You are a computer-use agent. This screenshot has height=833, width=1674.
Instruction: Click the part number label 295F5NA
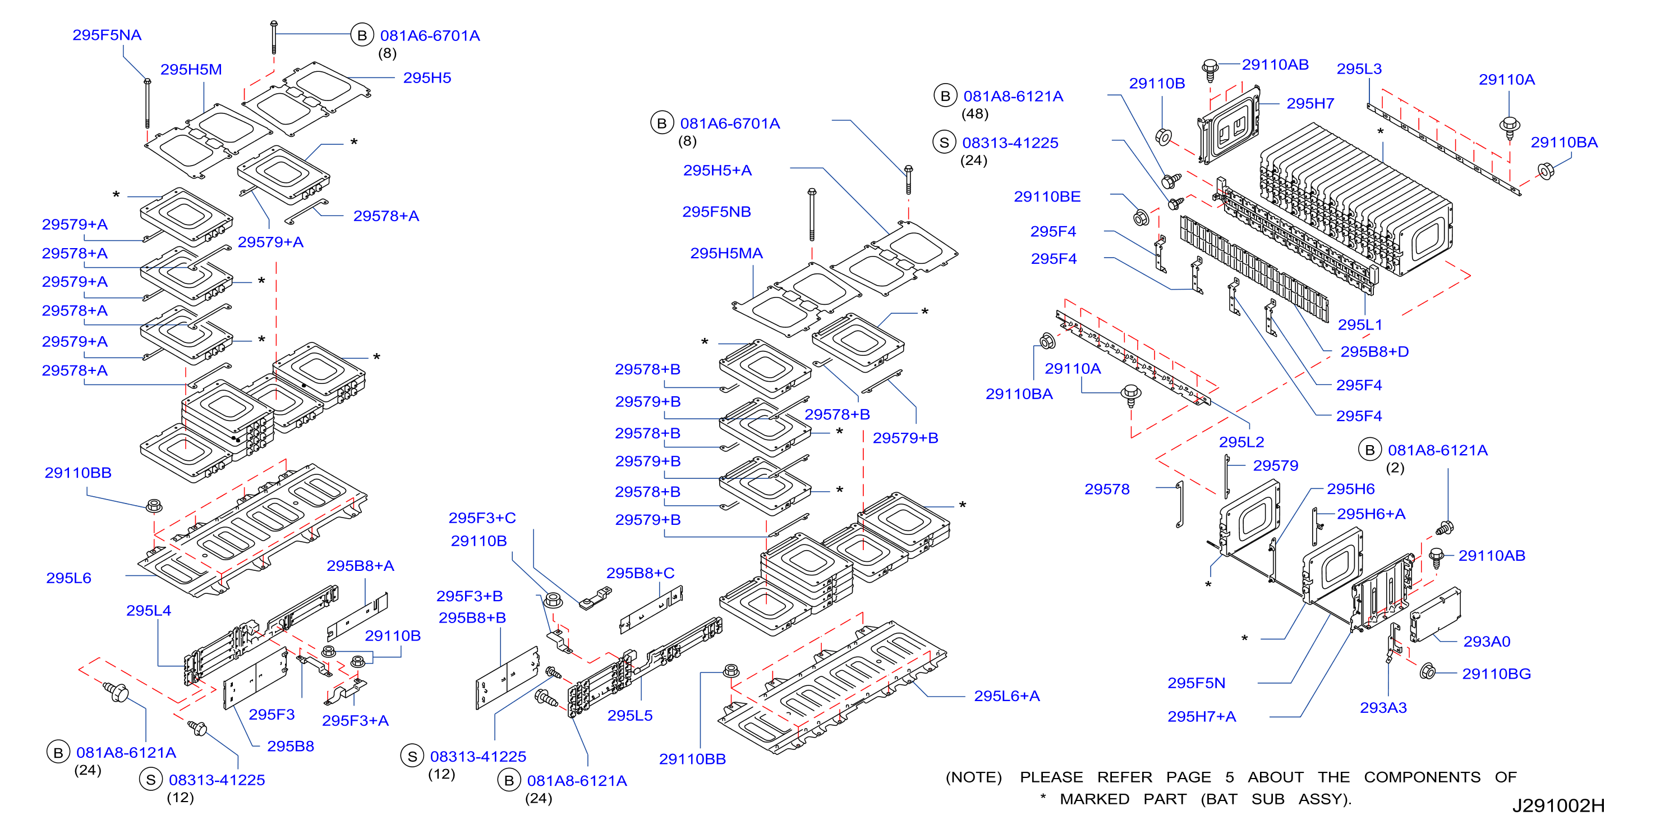pyautogui.click(x=107, y=35)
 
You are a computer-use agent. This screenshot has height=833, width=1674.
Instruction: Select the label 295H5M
pyautogui.click(x=191, y=70)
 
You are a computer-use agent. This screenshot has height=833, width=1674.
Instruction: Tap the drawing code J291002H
pyautogui.click(x=1558, y=805)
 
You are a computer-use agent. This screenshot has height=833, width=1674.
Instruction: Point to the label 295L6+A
pyautogui.click(x=1006, y=696)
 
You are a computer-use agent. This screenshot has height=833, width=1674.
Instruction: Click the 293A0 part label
pyautogui.click(x=1487, y=641)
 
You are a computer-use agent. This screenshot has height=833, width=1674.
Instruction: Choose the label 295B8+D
pyautogui.click(x=1374, y=352)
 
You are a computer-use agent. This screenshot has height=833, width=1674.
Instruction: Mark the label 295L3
pyautogui.click(x=1359, y=69)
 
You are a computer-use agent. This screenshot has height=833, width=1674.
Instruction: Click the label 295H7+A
pyautogui.click(x=1202, y=717)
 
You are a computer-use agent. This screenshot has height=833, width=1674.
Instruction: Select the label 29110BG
pyautogui.click(x=1497, y=674)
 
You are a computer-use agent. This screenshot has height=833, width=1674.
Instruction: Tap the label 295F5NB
pyautogui.click(x=716, y=212)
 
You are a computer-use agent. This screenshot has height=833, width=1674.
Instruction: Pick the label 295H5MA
pyautogui.click(x=726, y=254)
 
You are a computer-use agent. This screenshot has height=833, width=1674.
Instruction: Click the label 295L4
pyautogui.click(x=149, y=611)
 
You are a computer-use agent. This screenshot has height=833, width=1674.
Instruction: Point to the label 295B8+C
pyautogui.click(x=640, y=573)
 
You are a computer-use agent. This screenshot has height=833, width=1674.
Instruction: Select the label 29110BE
pyautogui.click(x=1047, y=196)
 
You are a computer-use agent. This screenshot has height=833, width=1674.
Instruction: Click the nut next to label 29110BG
pyautogui.click(x=1427, y=671)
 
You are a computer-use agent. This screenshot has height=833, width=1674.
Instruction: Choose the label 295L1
pyautogui.click(x=1359, y=324)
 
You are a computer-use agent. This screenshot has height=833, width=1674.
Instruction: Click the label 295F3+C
pyautogui.click(x=482, y=518)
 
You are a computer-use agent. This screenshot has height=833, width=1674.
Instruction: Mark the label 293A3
pyautogui.click(x=1383, y=707)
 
